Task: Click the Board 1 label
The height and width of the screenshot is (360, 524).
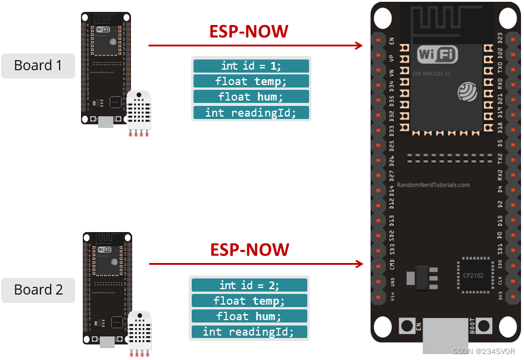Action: pyautogui.click(x=38, y=65)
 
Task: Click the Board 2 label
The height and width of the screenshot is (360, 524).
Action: pyautogui.click(x=38, y=290)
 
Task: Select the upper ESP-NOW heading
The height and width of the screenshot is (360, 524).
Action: pyautogui.click(x=248, y=32)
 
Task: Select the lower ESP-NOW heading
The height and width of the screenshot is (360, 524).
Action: pyautogui.click(x=249, y=249)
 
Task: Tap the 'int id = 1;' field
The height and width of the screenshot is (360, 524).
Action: pyautogui.click(x=251, y=66)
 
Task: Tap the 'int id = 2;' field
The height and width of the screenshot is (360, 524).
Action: pyautogui.click(x=249, y=286)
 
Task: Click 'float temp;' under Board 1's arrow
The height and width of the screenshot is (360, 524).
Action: pyautogui.click(x=251, y=82)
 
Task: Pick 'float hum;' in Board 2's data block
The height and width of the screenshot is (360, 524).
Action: pyautogui.click(x=249, y=317)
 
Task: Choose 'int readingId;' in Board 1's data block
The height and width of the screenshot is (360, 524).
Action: pyautogui.click(x=251, y=112)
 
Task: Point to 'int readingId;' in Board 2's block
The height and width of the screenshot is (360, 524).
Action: pyautogui.click(x=249, y=332)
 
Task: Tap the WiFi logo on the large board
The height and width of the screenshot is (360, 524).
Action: pyautogui.click(x=438, y=55)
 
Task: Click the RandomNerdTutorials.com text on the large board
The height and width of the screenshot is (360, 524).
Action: pyautogui.click(x=433, y=185)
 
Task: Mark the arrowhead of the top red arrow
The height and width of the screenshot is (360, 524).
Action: pyautogui.click(x=359, y=45)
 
